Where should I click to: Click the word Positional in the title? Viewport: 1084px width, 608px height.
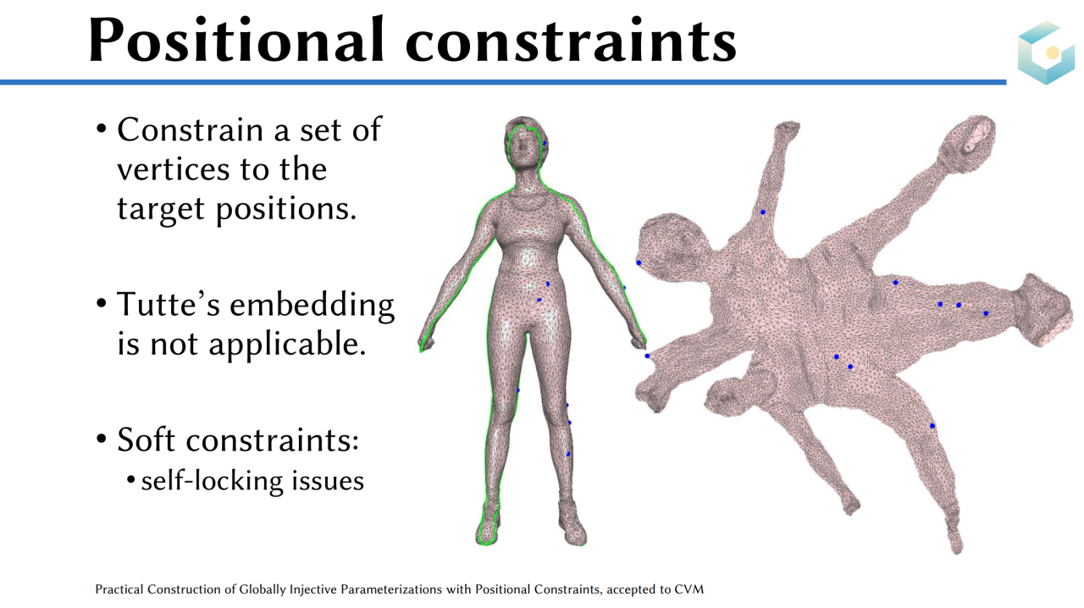click(x=236, y=40)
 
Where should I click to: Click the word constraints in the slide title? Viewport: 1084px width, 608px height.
click(x=571, y=42)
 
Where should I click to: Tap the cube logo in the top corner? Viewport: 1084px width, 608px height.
click(x=1046, y=53)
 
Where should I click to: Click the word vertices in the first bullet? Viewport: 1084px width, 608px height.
click(x=171, y=170)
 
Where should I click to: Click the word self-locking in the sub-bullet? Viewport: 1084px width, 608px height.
click(x=212, y=482)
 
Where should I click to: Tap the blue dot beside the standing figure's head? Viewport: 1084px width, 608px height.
click(x=545, y=143)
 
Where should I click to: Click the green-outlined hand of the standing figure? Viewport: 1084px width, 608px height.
click(x=426, y=341)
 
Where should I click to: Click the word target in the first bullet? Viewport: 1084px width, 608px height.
click(x=161, y=209)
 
